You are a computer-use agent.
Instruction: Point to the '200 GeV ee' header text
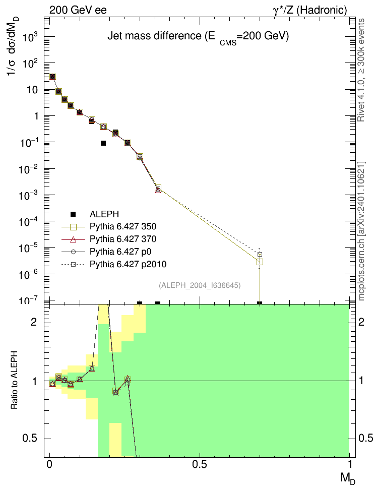tap(78, 10)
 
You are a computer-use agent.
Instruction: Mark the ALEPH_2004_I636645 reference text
tap(200, 285)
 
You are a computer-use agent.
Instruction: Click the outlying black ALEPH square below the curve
tap(103, 143)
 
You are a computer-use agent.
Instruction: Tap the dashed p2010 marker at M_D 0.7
tap(260, 255)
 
